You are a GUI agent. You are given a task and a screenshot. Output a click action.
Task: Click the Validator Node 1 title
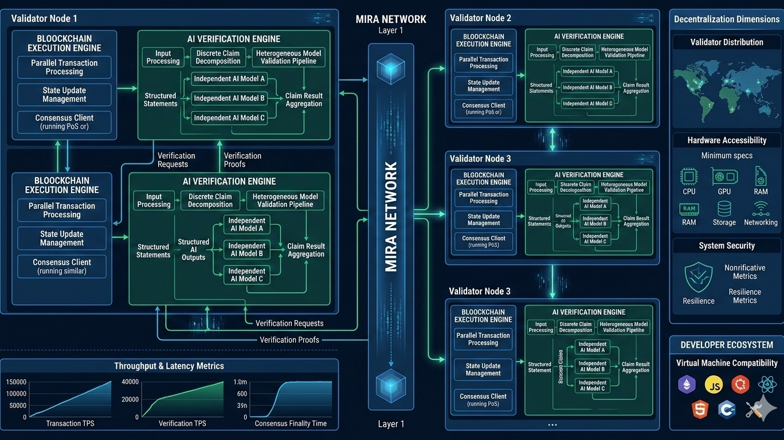44,18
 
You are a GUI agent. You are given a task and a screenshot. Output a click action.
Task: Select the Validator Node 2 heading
480,18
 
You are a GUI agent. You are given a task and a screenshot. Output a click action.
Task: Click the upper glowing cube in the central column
391,68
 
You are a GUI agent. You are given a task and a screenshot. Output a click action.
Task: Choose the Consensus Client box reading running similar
62,266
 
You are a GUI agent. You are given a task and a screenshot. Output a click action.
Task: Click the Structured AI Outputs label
193,250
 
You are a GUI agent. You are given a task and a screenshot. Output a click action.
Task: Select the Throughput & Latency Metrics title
169,366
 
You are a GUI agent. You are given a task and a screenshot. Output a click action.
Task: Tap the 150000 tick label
16,382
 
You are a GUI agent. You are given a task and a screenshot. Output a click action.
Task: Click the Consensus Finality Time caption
291,423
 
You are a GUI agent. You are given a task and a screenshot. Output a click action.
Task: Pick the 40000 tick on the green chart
130,382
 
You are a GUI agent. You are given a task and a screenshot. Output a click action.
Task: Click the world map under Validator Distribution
726,86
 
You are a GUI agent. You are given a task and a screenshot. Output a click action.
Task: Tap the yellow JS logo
714,384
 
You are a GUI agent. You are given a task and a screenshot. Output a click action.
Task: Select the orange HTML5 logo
700,409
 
